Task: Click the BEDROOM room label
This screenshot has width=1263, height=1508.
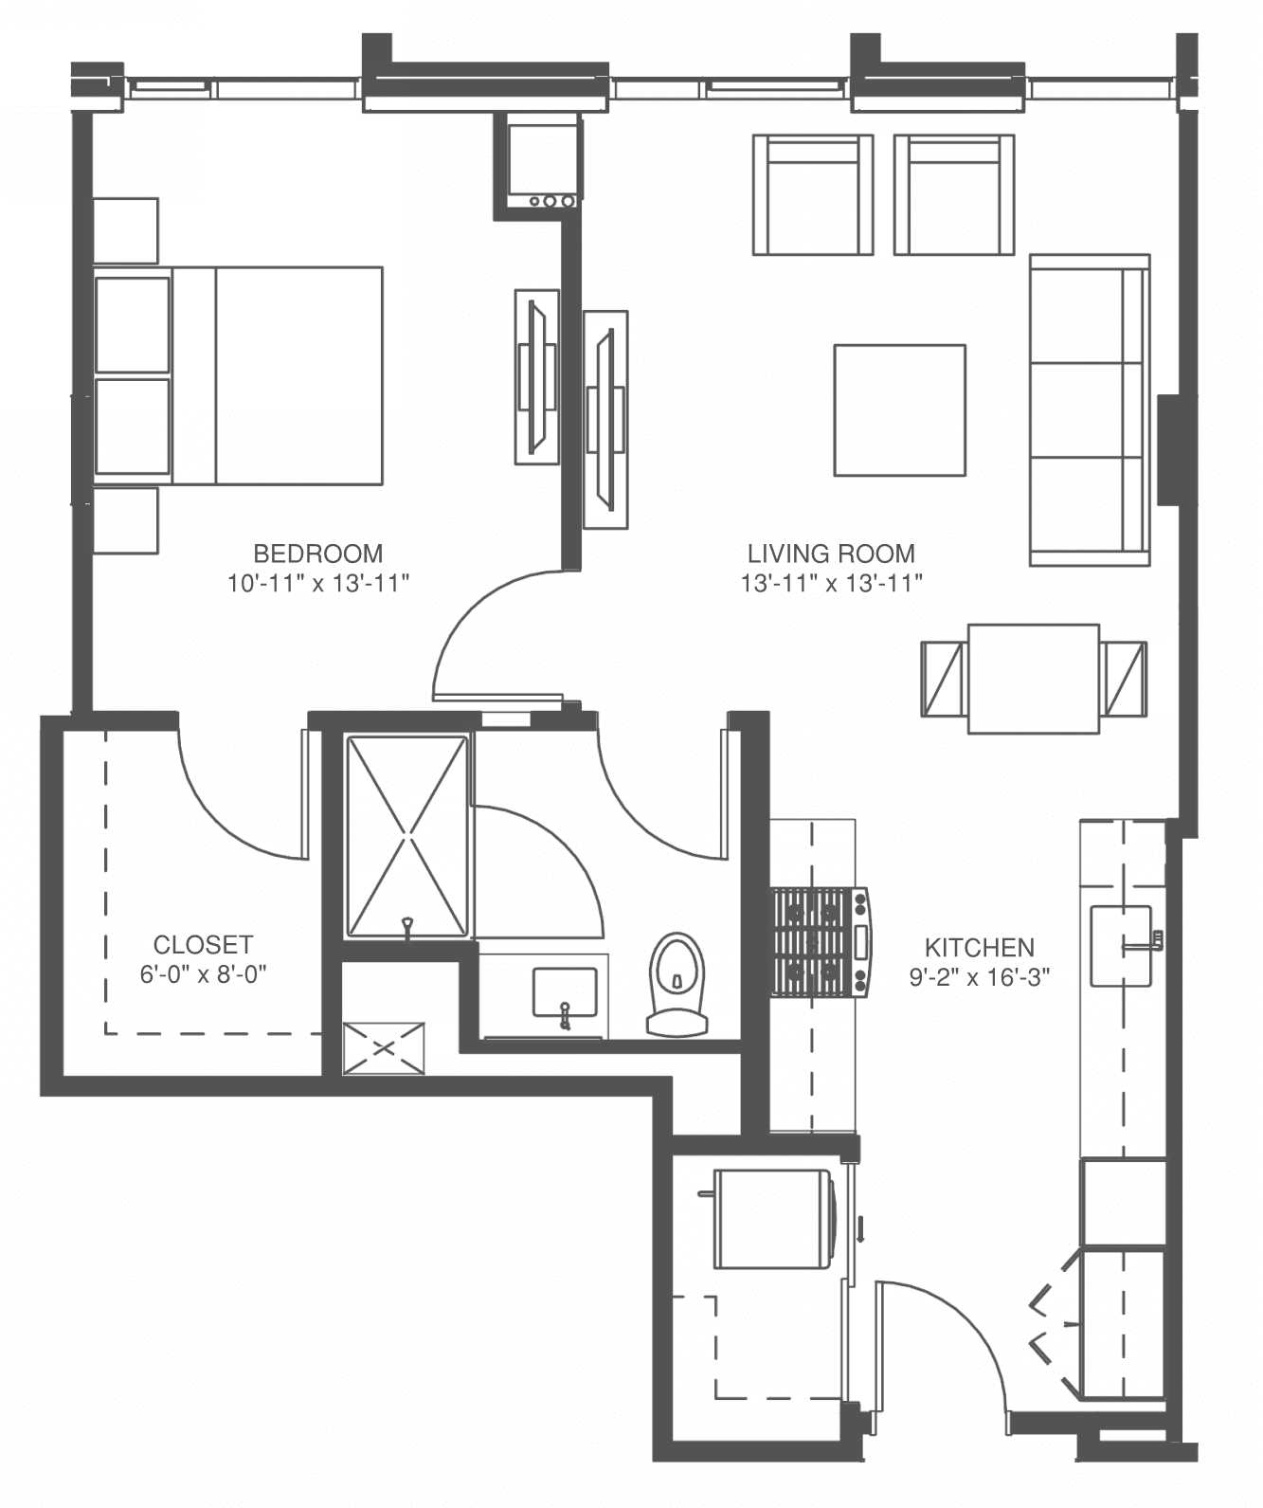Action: pyautogui.click(x=317, y=554)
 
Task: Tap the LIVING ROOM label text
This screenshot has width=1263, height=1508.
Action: pyautogui.click(x=831, y=554)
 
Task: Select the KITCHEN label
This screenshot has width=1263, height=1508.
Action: pyautogui.click(x=979, y=948)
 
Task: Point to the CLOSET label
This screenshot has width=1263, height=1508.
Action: pyautogui.click(x=203, y=945)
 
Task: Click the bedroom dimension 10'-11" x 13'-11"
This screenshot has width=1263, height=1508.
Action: pyautogui.click(x=318, y=583)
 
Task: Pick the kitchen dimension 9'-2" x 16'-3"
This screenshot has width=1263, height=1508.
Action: pyautogui.click(x=979, y=977)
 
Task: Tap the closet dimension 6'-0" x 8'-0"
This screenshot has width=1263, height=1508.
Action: pyautogui.click(x=203, y=974)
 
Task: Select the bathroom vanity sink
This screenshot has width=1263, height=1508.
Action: pyautogui.click(x=565, y=993)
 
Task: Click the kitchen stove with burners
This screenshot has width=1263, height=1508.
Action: pyautogui.click(x=821, y=942)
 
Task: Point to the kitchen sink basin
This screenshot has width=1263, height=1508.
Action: pyautogui.click(x=1121, y=946)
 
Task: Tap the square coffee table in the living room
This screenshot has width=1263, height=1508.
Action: pyautogui.click(x=900, y=410)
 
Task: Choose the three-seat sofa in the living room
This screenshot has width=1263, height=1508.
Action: pyautogui.click(x=1090, y=409)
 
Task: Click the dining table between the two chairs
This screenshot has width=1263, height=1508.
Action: pyautogui.click(x=1034, y=679)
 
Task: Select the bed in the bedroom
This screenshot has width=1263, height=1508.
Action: pyautogui.click(x=239, y=374)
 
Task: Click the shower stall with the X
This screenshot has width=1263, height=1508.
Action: pyautogui.click(x=407, y=837)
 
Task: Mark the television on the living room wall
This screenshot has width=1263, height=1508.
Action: pyautogui.click(x=605, y=420)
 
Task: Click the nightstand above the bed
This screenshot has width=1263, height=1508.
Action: pyautogui.click(x=126, y=231)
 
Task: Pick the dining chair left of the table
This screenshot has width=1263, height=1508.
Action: pyautogui.click(x=944, y=679)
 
